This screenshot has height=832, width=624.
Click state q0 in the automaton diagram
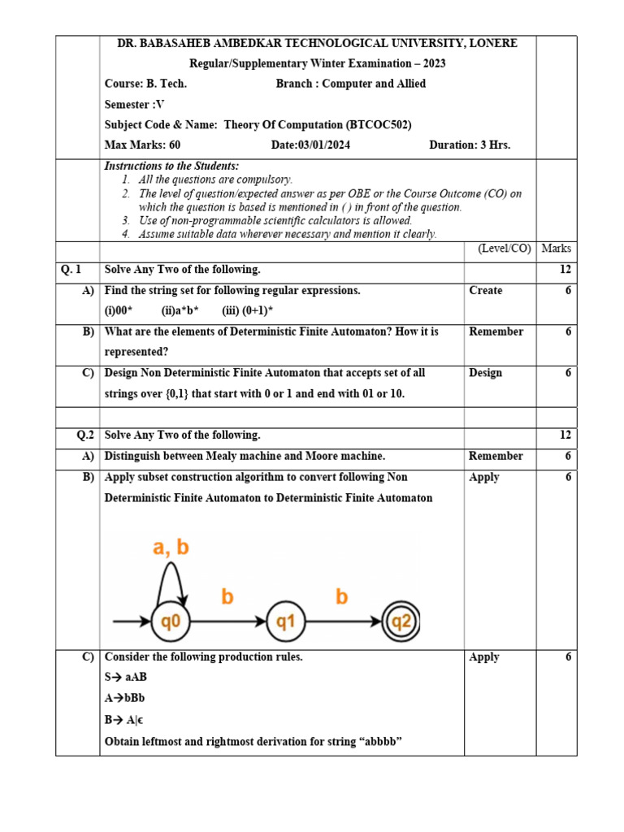pyautogui.click(x=170, y=622)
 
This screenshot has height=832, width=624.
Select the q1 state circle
pyautogui.click(x=285, y=622)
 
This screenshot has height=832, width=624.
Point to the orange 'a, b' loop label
pyautogui.click(x=171, y=548)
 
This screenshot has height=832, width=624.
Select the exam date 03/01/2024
pyautogui.click(x=310, y=145)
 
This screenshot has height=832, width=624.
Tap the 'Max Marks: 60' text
pyautogui.click(x=142, y=145)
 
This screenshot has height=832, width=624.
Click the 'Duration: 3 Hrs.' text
pyautogui.click(x=470, y=145)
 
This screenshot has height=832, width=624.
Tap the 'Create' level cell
pyautogui.click(x=486, y=290)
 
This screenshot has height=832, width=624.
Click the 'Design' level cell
pyautogui.click(x=486, y=373)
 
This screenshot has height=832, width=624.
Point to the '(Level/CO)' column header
pyautogui.click(x=504, y=249)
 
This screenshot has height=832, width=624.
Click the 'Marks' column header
pyautogui.click(x=557, y=249)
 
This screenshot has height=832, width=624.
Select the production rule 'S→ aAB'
pyautogui.click(x=126, y=678)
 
